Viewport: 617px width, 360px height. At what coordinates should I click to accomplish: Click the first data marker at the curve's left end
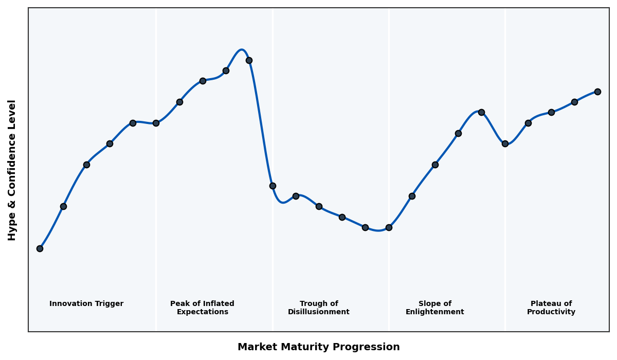coord(40,248)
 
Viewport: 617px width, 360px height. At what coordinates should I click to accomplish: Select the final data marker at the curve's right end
coord(597,92)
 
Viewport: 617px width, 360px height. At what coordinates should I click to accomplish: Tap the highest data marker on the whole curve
coord(249,60)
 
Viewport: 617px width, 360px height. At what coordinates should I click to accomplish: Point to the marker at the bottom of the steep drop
coord(273,186)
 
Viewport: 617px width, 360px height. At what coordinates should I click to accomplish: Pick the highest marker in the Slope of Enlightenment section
coord(481,112)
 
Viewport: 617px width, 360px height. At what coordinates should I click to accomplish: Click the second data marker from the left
coord(63,206)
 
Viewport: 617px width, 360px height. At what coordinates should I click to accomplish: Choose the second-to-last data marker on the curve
coord(574,102)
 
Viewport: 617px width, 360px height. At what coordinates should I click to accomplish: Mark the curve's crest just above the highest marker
coord(241,50)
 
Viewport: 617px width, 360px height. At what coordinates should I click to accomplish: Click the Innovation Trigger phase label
coord(86,304)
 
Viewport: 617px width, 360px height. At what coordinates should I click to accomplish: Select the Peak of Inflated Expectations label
coord(202,308)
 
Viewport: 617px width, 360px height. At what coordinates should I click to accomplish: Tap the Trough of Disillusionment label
coord(319,308)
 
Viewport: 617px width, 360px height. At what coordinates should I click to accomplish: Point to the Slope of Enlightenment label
coord(435,308)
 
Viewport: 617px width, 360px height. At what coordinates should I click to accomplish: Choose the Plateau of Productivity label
coord(551,308)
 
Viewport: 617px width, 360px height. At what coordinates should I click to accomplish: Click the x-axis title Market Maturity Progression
coord(319,347)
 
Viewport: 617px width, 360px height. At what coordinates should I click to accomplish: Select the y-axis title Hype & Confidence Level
coord(12,170)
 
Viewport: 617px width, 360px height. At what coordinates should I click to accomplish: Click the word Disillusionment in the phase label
coord(319,312)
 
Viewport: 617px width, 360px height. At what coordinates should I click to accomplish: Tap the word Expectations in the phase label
coord(203,312)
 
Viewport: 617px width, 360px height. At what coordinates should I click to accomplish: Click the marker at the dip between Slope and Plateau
coord(505,143)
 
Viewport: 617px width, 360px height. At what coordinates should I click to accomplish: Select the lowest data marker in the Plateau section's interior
coord(528,123)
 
